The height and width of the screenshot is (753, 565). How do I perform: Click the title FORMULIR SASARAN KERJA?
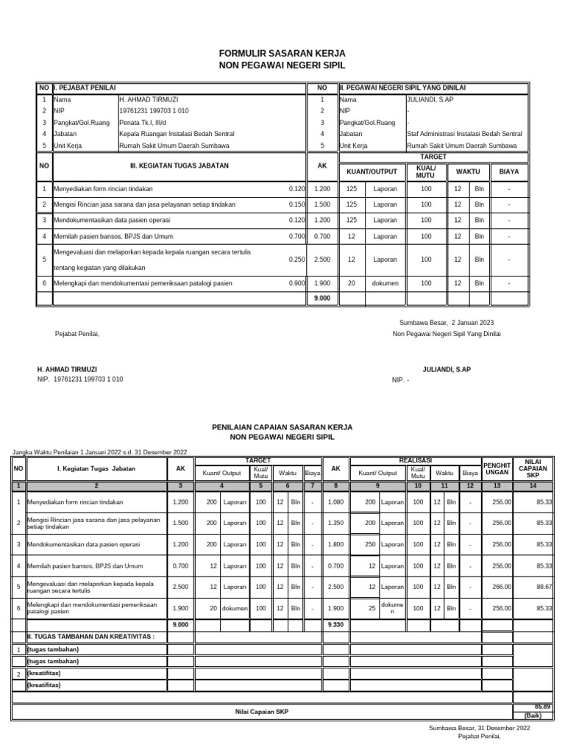tap(282, 54)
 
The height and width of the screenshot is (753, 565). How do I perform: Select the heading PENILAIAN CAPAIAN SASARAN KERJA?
tap(282, 427)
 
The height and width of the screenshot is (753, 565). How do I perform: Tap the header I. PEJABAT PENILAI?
tap(84, 88)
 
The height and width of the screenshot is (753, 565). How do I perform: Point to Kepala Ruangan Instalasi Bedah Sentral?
tap(177, 134)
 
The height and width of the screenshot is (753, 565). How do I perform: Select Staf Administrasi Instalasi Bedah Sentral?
tap(464, 134)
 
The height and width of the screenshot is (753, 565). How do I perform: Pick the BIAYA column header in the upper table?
tap(509, 171)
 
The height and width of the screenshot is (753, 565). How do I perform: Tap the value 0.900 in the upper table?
tap(297, 283)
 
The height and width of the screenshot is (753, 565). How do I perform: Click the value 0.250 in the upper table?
tap(297, 260)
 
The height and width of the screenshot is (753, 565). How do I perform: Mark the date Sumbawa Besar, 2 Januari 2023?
tap(447, 322)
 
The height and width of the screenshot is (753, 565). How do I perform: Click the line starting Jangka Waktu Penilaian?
tap(100, 452)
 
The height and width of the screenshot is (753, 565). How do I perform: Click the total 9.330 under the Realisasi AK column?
tap(335, 624)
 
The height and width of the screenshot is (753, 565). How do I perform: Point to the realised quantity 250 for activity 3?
tap(370, 544)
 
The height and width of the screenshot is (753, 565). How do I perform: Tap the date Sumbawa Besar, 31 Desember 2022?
tap(479, 727)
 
